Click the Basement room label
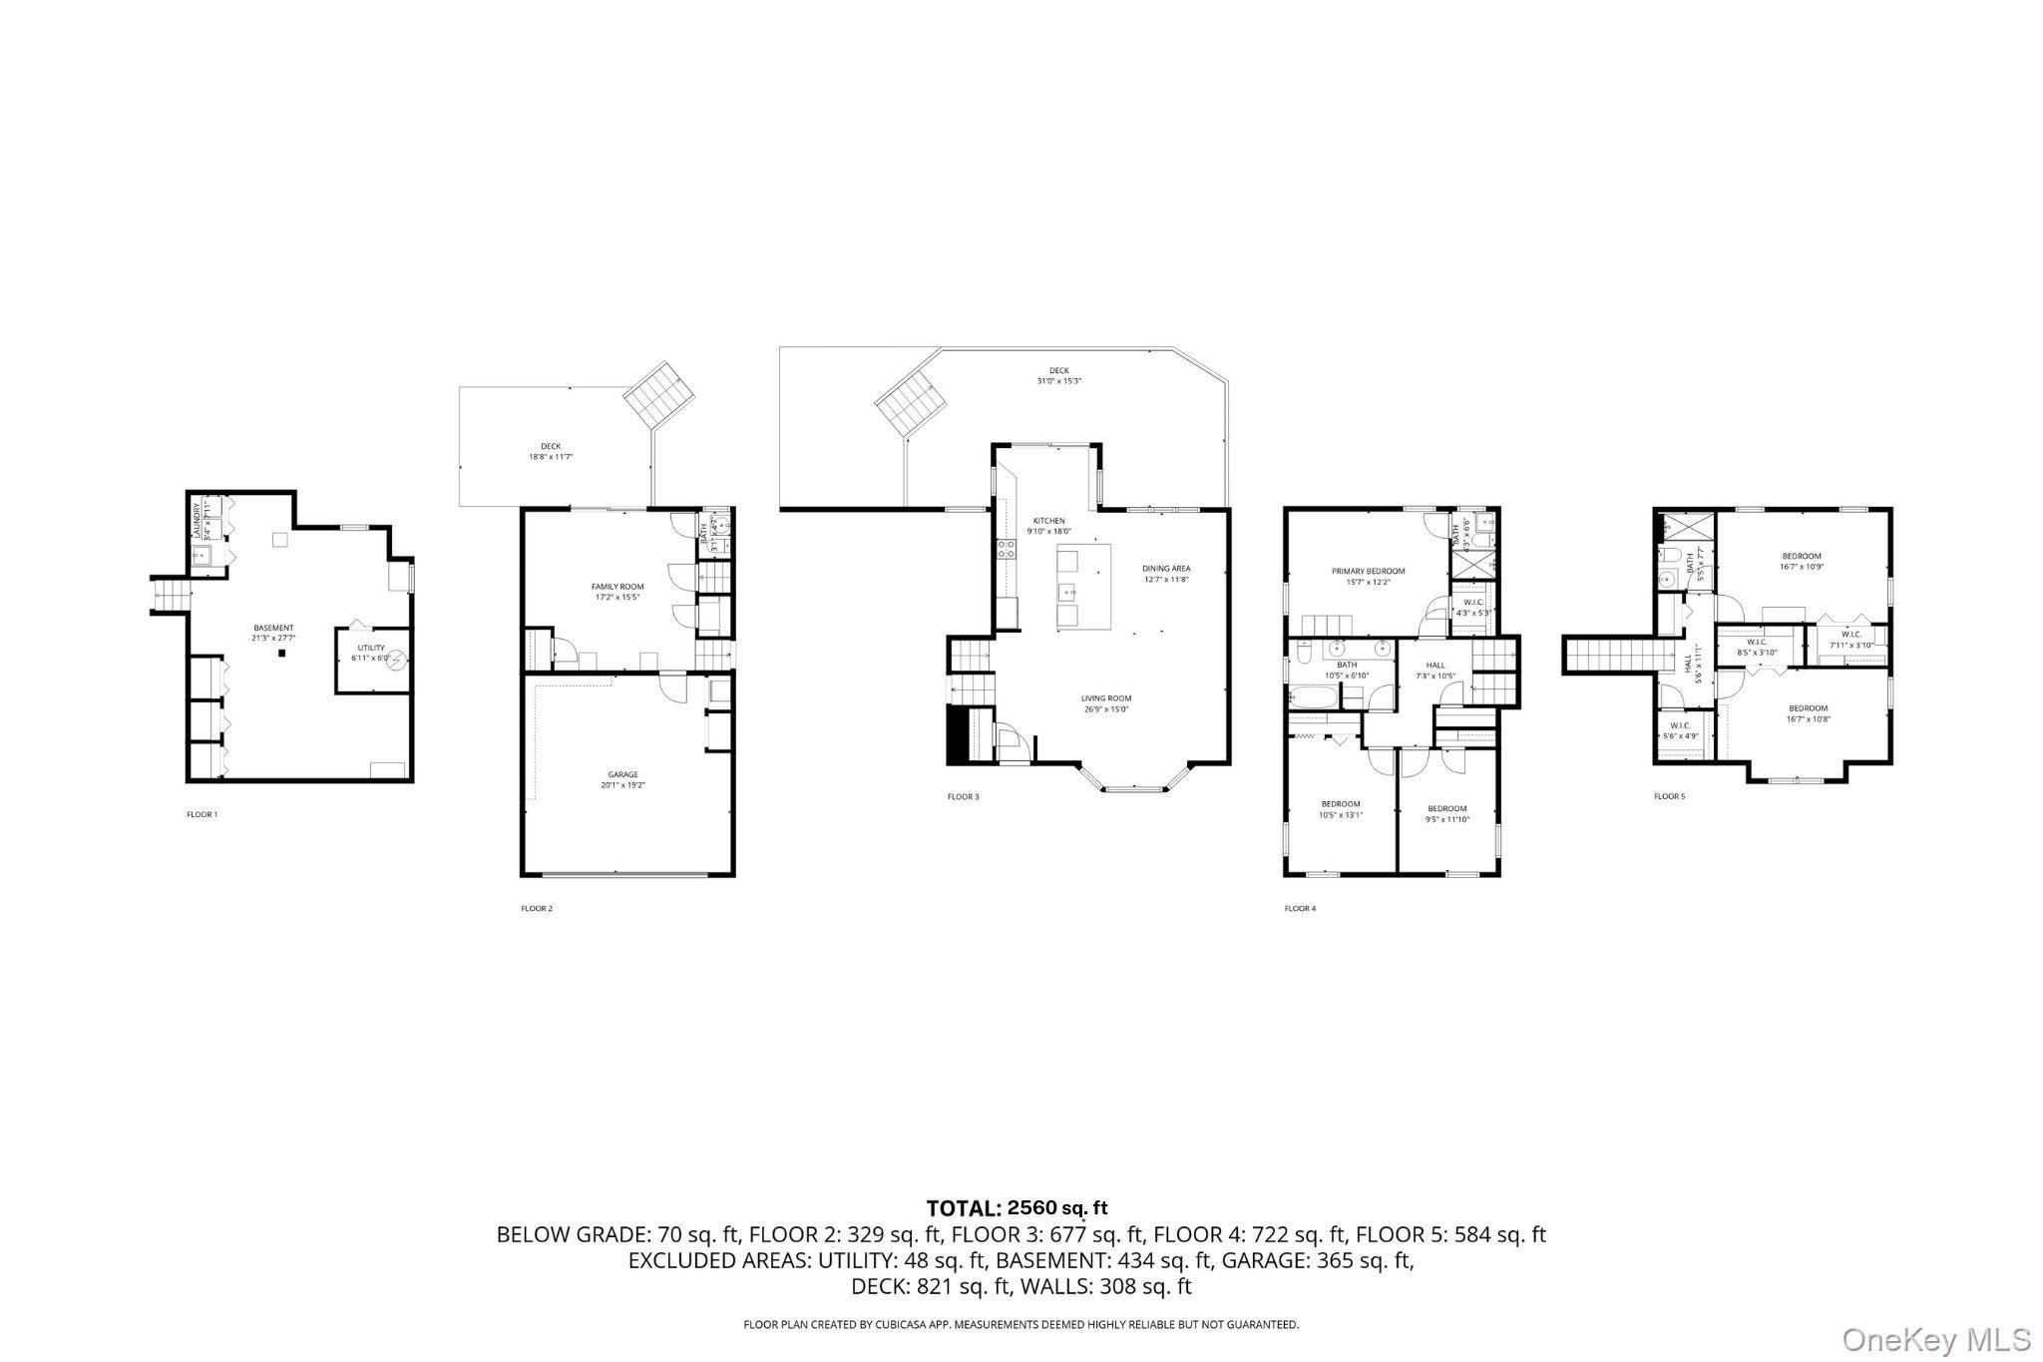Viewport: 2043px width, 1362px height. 273,628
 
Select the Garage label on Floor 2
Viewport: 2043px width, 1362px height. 623,774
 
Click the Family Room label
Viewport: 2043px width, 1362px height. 617,587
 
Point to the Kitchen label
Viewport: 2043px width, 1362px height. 1048,521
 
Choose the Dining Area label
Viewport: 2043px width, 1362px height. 1166,569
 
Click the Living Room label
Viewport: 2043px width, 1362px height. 1106,698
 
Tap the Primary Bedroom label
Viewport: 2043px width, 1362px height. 1368,572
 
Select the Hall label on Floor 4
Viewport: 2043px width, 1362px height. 1435,665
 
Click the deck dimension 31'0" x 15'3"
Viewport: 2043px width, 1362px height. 1058,381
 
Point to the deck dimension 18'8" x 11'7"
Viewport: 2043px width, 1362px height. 551,457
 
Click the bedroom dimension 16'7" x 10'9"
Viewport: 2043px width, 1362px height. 1802,567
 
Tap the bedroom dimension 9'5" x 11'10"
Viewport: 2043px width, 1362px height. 1446,819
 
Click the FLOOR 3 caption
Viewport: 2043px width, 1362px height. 962,796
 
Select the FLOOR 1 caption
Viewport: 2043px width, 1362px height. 202,814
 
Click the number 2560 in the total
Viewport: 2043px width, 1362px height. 1031,1208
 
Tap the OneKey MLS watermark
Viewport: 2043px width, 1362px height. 1936,1339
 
